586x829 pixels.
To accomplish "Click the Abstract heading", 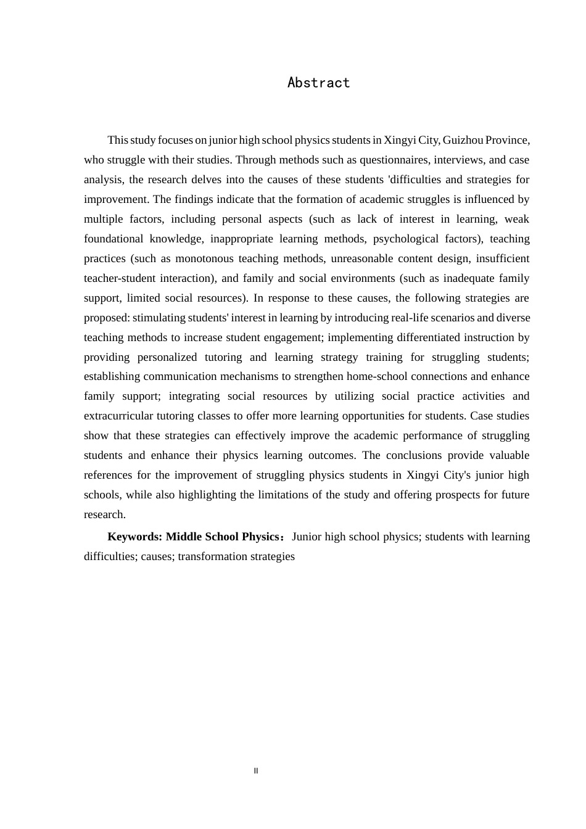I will (x=318, y=83).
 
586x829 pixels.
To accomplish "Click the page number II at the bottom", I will (x=256, y=771).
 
